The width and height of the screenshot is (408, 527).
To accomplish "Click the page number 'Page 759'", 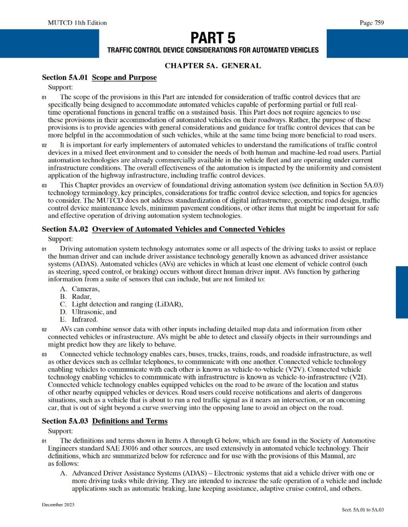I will coord(372,23).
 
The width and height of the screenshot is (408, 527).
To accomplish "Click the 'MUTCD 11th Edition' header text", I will coord(77,23).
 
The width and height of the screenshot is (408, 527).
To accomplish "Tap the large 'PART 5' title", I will coord(213,38).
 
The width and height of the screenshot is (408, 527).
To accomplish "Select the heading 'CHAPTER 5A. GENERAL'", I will coord(213,66).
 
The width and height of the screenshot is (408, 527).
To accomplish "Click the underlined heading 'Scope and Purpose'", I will coord(124,77).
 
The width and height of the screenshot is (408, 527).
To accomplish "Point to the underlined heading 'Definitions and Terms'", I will coord(130,421).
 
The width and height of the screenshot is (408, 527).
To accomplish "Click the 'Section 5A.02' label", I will coord(65,229).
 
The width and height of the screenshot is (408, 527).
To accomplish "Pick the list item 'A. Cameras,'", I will coord(80,289).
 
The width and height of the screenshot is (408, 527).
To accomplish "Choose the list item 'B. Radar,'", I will coord(76,297).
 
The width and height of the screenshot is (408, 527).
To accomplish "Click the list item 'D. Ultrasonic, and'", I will coord(88,312).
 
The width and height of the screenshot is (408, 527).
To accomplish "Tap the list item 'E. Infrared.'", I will coord(79,319).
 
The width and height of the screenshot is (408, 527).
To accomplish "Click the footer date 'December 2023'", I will coord(58,505).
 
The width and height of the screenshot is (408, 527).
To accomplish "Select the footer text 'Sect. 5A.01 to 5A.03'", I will coord(363,510).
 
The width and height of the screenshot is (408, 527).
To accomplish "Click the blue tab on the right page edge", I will coord(402,292).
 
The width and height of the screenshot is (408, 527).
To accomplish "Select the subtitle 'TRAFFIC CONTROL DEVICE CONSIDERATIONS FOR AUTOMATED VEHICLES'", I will coord(213,50).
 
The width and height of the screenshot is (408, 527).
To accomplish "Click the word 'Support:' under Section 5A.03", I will coord(60,431).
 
